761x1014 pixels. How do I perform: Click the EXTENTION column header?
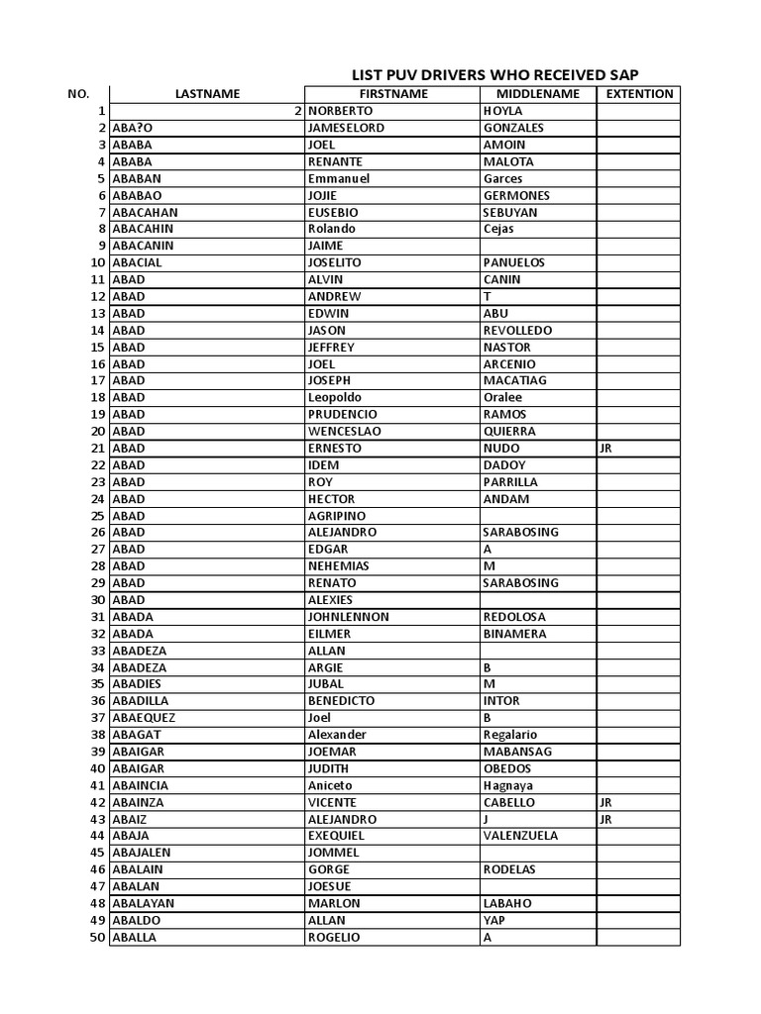pos(639,94)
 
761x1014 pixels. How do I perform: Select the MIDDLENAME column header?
pos(537,94)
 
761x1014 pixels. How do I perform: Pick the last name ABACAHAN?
pos(145,213)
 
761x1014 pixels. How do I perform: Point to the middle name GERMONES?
pos(516,196)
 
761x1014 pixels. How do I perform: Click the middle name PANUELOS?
pos(515,263)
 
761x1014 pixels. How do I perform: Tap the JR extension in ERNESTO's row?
pos(607,449)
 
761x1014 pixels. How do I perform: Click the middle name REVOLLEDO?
pos(517,331)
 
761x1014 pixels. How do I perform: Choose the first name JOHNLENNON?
pos(349,617)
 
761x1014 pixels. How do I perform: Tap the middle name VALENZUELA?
pos(522,836)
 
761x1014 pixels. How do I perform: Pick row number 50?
pos(97,937)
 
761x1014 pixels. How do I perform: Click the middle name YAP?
pos(494,920)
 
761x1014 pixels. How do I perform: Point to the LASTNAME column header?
pos(207,94)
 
